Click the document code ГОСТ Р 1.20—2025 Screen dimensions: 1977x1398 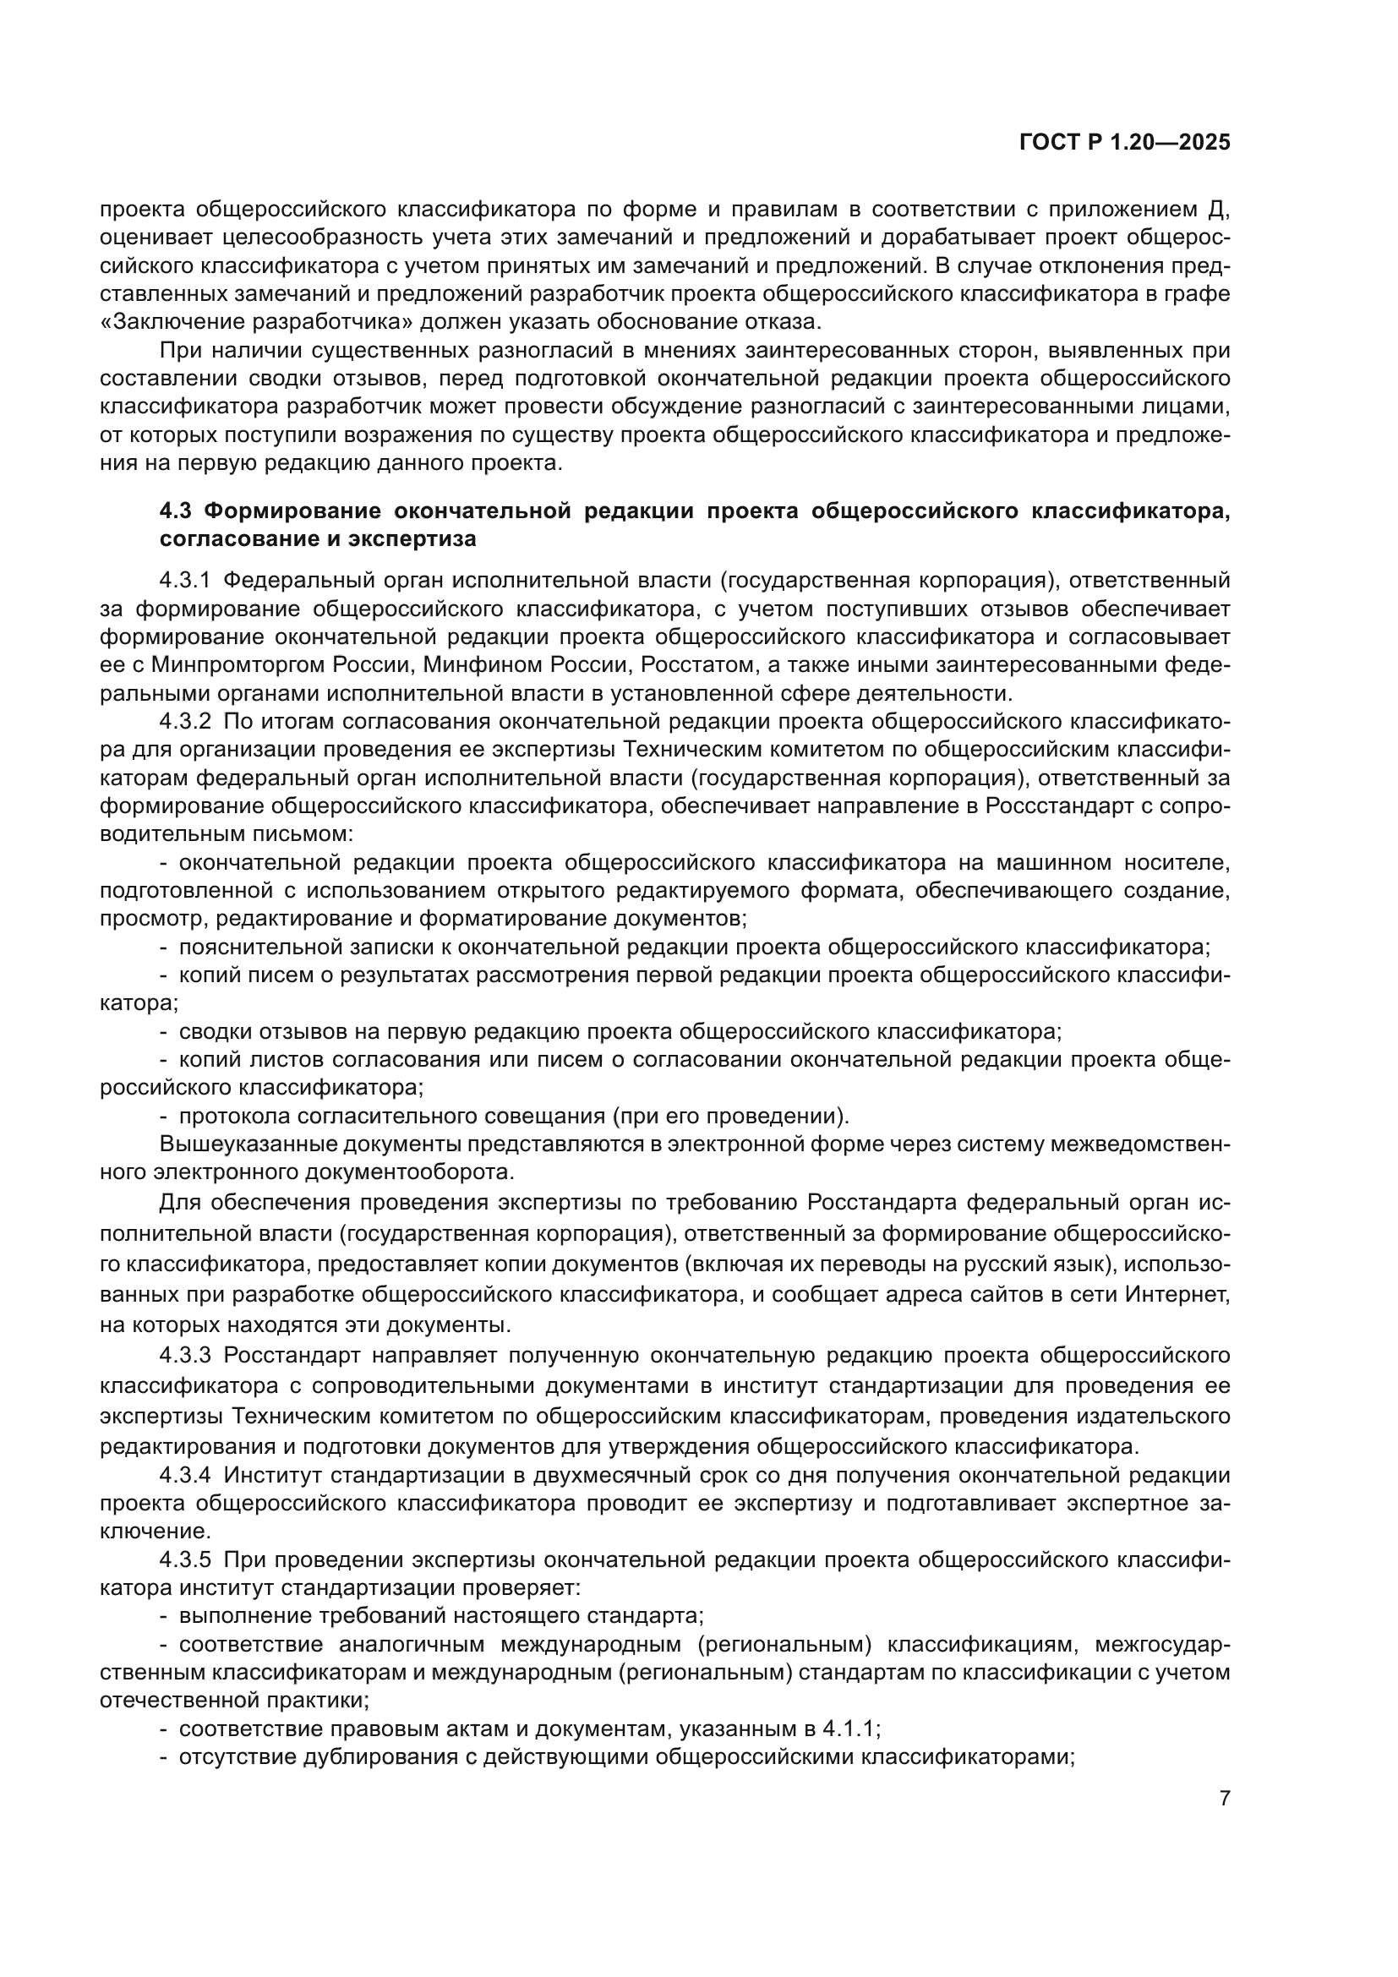point(1124,143)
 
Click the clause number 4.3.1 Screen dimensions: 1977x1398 point(184,581)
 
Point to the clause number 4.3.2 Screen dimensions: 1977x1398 point(184,721)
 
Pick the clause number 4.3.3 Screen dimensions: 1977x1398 point(184,1355)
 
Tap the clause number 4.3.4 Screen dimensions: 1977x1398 point(184,1475)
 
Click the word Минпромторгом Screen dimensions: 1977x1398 point(236,664)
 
